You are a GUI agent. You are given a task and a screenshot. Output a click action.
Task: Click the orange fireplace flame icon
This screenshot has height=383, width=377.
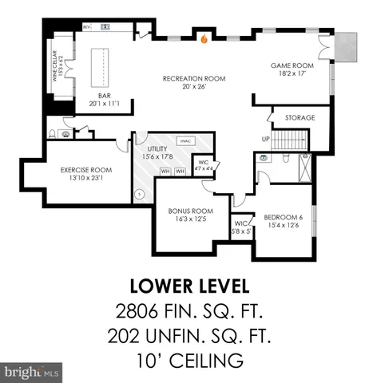[204, 38]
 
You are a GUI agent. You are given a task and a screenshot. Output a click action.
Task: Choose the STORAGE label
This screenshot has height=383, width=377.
[300, 118]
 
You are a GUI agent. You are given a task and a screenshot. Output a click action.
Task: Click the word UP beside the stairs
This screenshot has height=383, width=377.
[266, 139]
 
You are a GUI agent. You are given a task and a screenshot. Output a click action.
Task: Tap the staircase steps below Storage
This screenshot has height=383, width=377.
[292, 140]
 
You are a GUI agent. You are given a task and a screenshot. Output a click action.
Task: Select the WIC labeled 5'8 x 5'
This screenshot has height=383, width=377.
[241, 227]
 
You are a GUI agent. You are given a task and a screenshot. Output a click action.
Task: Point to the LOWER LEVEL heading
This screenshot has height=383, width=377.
[188, 285]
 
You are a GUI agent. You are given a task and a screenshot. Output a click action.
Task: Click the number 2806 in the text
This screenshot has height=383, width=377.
[133, 310]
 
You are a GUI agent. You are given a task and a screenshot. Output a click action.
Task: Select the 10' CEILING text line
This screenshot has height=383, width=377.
[188, 361]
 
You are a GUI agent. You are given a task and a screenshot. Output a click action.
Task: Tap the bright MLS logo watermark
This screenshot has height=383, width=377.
[32, 372]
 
